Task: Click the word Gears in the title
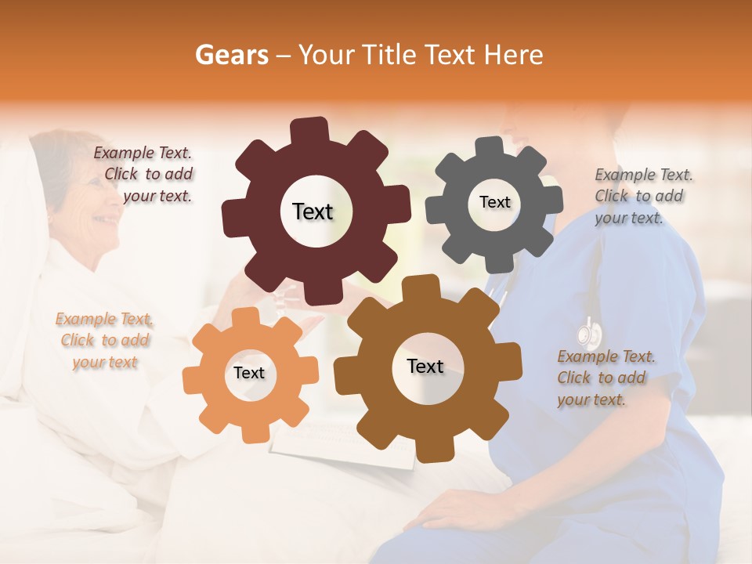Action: (x=231, y=55)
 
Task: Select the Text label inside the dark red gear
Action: (x=313, y=211)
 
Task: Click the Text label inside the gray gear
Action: (x=494, y=202)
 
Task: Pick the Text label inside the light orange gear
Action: (x=249, y=373)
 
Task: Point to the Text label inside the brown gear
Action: (x=425, y=366)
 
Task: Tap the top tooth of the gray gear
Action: (x=490, y=147)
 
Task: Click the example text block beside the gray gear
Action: (x=642, y=196)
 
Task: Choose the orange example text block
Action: (x=104, y=341)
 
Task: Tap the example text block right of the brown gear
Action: (x=605, y=378)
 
